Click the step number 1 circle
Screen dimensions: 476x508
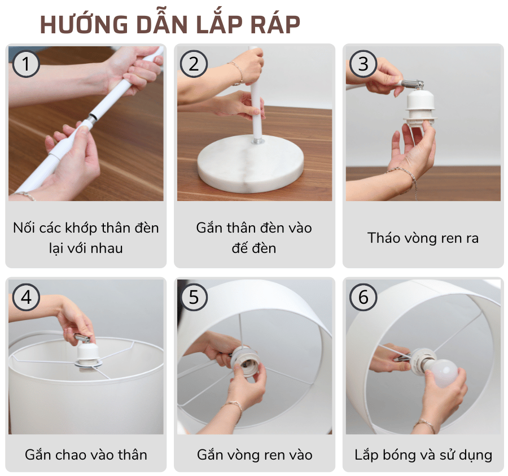pyautogui.click(x=25, y=64)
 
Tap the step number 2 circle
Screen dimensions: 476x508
pyautogui.click(x=194, y=64)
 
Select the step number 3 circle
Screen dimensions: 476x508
pyautogui.click(x=363, y=64)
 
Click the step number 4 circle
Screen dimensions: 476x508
pyautogui.click(x=25, y=296)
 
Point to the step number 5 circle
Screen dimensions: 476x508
pyautogui.click(x=194, y=296)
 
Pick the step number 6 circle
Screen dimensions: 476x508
pyautogui.click(x=363, y=296)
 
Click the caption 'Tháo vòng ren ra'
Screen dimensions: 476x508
pyautogui.click(x=423, y=238)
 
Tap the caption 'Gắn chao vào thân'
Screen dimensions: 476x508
pyautogui.click(x=86, y=455)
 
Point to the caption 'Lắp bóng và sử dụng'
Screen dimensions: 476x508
pyautogui.click(x=423, y=455)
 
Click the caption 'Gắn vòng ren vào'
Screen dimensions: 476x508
pyautogui.click(x=255, y=455)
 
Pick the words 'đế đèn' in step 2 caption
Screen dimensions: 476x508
pyautogui.click(x=254, y=248)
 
